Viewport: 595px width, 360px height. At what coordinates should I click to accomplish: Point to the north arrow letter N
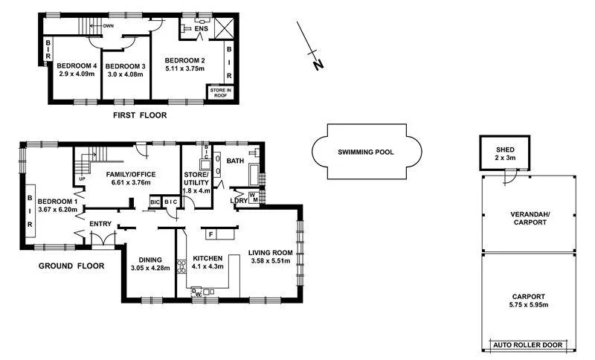coord(318,65)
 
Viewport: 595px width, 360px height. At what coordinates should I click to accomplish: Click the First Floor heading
coord(140,115)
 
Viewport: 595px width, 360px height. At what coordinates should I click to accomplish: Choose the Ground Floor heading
coord(71,266)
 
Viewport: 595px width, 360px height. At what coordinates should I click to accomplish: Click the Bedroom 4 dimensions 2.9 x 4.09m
coord(75,74)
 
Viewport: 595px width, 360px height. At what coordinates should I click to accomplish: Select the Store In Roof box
coord(220,92)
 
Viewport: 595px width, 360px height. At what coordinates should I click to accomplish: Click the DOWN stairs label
coord(109,25)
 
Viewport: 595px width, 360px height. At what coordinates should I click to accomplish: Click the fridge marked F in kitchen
coord(212,234)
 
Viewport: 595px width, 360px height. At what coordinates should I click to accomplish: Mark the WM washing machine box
coord(254,198)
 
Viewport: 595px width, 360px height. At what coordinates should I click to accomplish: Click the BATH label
coord(236,161)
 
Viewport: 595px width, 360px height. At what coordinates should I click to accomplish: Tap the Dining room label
coord(147,260)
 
